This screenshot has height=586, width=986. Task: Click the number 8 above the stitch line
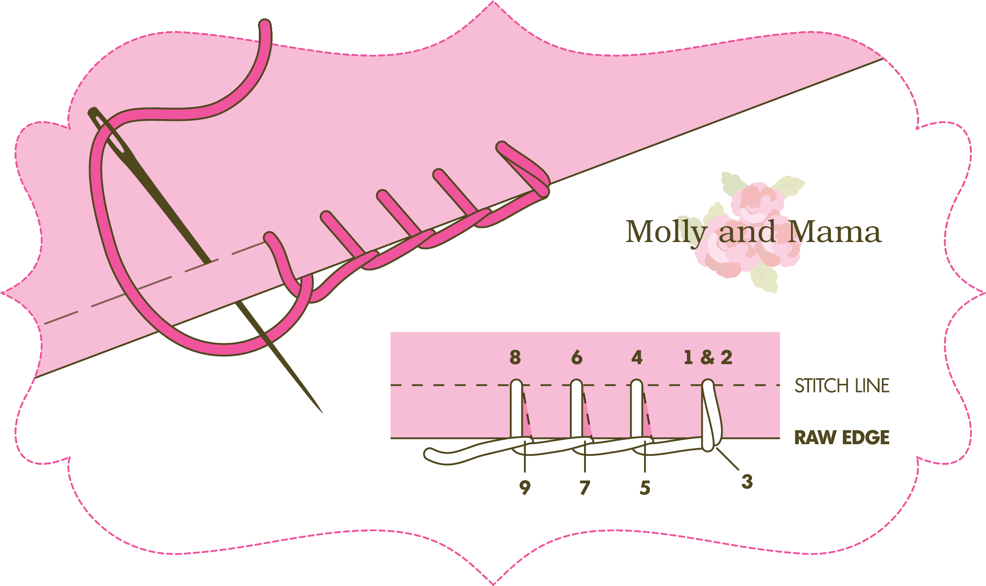(515, 357)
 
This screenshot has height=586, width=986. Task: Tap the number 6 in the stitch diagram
(577, 357)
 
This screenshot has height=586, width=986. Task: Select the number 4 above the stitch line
(637, 357)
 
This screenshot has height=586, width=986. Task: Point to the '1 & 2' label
(708, 357)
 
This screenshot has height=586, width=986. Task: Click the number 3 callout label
(747, 482)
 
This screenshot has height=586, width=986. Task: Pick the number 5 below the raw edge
(645, 488)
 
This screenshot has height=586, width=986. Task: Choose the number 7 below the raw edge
(585, 488)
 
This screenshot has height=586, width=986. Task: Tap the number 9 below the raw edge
(525, 488)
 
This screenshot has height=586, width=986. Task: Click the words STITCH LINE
(842, 386)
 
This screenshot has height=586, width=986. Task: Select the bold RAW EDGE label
(842, 438)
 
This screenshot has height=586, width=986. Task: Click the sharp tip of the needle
(321, 412)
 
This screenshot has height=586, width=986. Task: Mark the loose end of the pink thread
(266, 25)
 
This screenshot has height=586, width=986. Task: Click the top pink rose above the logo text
(757, 200)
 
